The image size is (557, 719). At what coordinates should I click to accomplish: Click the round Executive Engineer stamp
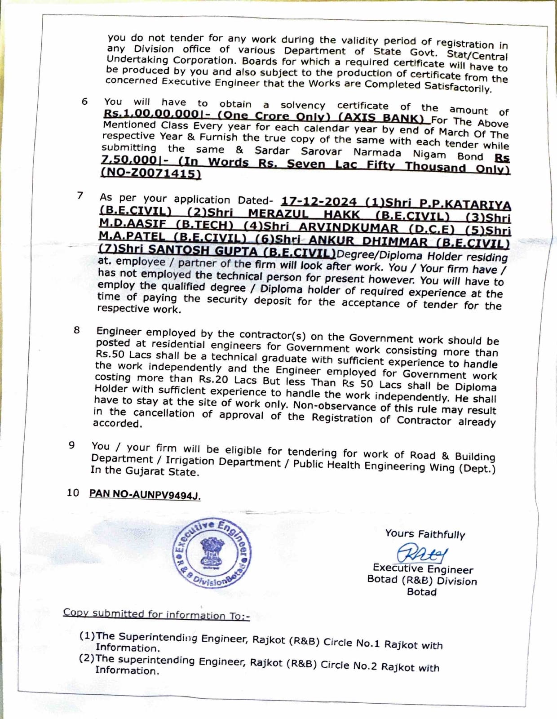212,554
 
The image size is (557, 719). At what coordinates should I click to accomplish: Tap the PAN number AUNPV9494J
145,494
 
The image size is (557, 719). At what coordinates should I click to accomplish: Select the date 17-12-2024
318,202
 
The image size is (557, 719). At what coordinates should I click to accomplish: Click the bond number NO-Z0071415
151,173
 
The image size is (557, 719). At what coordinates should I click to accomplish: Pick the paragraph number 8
77,330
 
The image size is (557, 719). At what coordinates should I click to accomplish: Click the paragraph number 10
73,493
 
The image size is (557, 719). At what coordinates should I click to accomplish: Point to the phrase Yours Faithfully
424,534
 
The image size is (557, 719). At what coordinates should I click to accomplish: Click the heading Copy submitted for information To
156,614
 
